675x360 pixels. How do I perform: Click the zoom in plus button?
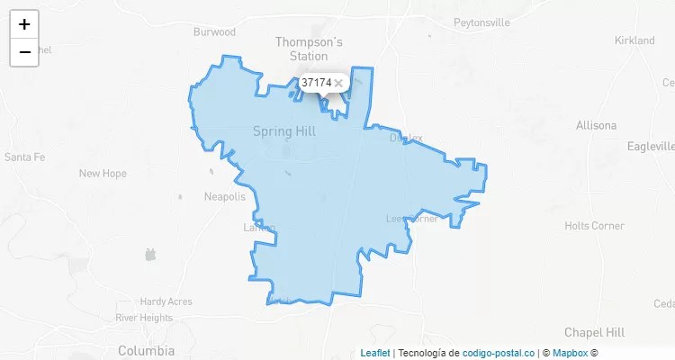pyautogui.click(x=24, y=24)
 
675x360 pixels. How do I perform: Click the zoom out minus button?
pyautogui.click(x=24, y=52)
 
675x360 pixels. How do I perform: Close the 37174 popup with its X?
pyautogui.click(x=338, y=83)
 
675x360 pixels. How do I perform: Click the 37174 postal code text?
pyautogui.click(x=316, y=83)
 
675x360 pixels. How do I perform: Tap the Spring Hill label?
pyautogui.click(x=284, y=131)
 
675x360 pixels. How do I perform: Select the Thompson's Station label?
pyautogui.click(x=309, y=49)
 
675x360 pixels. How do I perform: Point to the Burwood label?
pyautogui.click(x=214, y=32)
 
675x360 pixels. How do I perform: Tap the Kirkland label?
pyautogui.click(x=634, y=40)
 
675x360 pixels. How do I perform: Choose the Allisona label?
pyautogui.click(x=597, y=125)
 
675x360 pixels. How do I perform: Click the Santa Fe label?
pyautogui.click(x=24, y=157)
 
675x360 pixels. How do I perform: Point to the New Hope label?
pyautogui.click(x=103, y=174)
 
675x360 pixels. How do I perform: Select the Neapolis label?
pyautogui.click(x=225, y=196)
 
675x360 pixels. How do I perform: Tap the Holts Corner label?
pyautogui.click(x=594, y=226)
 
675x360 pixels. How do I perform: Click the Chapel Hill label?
pyautogui.click(x=596, y=332)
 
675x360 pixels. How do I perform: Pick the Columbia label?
pyautogui.click(x=147, y=350)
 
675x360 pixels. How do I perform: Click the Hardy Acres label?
pyautogui.click(x=166, y=302)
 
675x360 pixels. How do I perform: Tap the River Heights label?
pyautogui.click(x=144, y=318)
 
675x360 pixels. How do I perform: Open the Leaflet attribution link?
pyautogui.click(x=375, y=354)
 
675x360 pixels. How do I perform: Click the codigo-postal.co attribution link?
pyautogui.click(x=499, y=354)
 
